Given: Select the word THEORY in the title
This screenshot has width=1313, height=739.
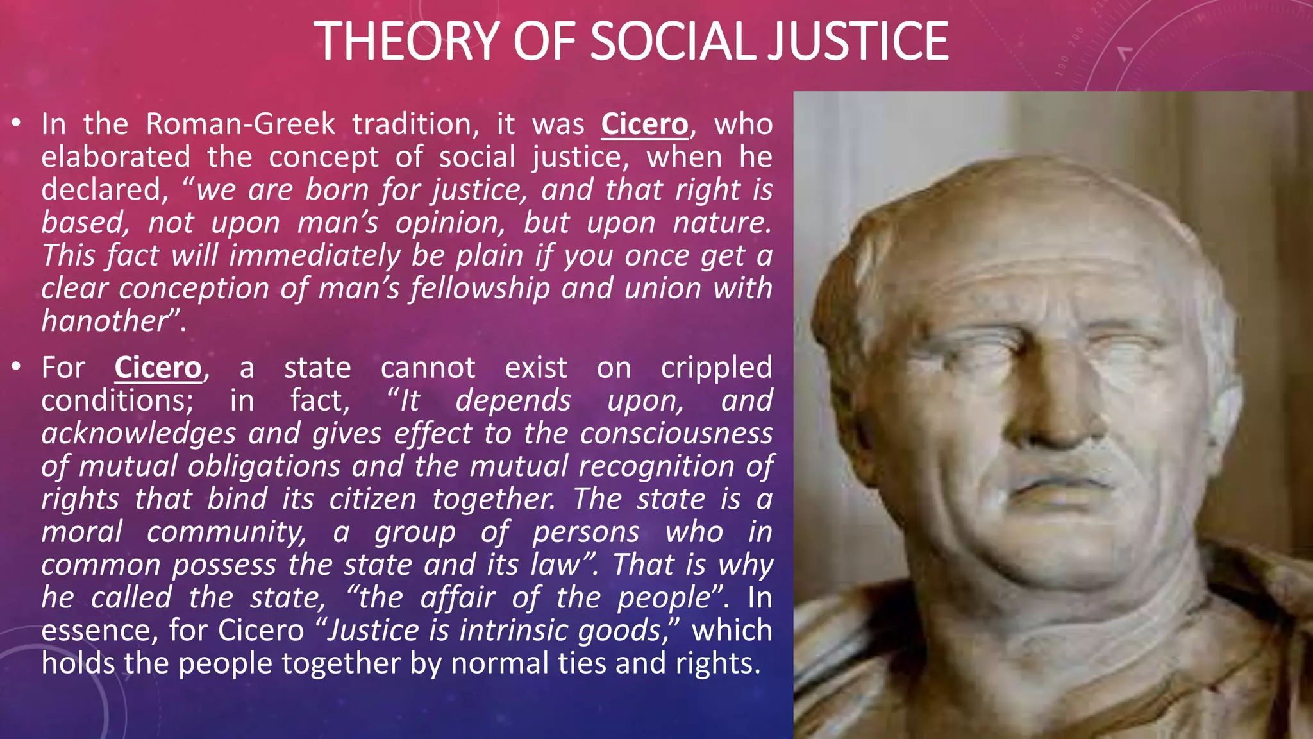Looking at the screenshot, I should [407, 41].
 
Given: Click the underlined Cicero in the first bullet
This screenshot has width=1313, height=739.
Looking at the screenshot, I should [644, 124].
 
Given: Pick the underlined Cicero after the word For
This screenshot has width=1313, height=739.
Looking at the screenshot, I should [158, 368].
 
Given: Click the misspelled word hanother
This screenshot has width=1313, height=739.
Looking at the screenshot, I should [105, 321].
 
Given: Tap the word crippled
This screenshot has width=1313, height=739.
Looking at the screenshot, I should [716, 368].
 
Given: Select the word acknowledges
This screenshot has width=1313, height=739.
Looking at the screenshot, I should [138, 434].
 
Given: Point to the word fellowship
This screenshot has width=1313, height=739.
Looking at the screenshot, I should [480, 288].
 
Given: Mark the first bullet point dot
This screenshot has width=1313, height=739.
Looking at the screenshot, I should [17, 122].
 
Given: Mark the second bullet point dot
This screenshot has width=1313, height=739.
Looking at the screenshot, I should [17, 366].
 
